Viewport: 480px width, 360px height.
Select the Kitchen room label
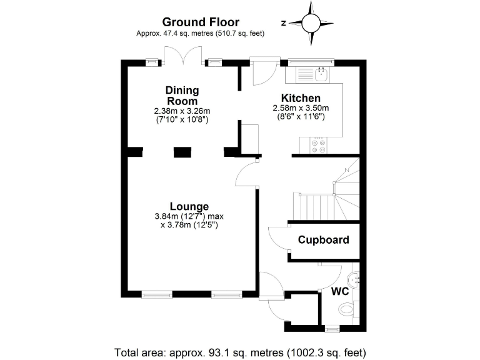click(x=301, y=98)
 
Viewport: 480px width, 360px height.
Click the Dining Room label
click(x=182, y=96)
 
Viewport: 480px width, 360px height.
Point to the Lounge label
click(x=189, y=207)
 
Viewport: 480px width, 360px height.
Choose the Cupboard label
click(x=323, y=240)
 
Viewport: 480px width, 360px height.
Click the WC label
click(x=339, y=292)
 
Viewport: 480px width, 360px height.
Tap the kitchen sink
click(x=321, y=75)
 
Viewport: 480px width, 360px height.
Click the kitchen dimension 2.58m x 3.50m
click(x=301, y=108)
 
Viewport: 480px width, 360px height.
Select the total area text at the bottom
click(x=240, y=351)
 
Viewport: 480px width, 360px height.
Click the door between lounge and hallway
click(x=246, y=174)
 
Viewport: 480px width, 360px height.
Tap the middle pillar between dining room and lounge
click(x=182, y=151)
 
